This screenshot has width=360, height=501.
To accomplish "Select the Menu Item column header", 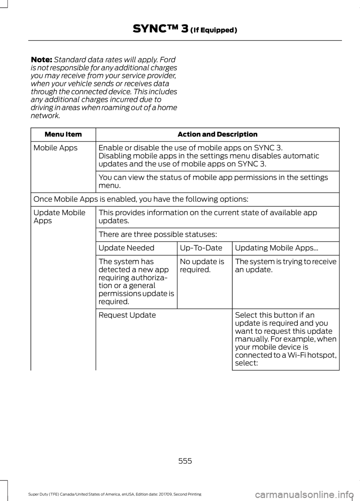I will pyautogui.click(x=63, y=135).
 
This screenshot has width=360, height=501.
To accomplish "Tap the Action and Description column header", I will pyautogui.click(x=217, y=135).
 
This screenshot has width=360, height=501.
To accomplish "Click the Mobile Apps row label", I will pyautogui.click(x=55, y=148).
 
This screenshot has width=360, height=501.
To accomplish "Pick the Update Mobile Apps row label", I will pyautogui.click(x=59, y=217).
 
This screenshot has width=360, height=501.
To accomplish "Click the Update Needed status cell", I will pyautogui.click(x=126, y=248).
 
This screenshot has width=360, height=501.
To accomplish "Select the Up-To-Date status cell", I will pyautogui.click(x=201, y=248).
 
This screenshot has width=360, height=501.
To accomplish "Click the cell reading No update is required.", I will pyautogui.click(x=202, y=266).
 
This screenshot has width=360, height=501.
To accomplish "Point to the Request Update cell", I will pyautogui.click(x=127, y=315).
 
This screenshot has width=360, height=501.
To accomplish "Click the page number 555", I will pyautogui.click(x=185, y=461).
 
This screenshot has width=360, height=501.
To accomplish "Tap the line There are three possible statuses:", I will pyautogui.click(x=157, y=235).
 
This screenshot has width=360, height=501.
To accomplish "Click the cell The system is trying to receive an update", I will pyautogui.click(x=285, y=266).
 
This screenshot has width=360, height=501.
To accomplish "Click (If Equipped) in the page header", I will pyautogui.click(x=213, y=30).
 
